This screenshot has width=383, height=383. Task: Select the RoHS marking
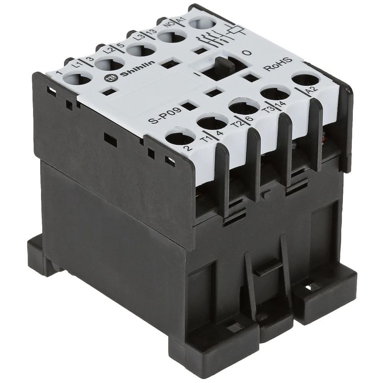coord(278,64)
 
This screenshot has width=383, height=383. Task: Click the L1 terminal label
coord(77,65)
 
